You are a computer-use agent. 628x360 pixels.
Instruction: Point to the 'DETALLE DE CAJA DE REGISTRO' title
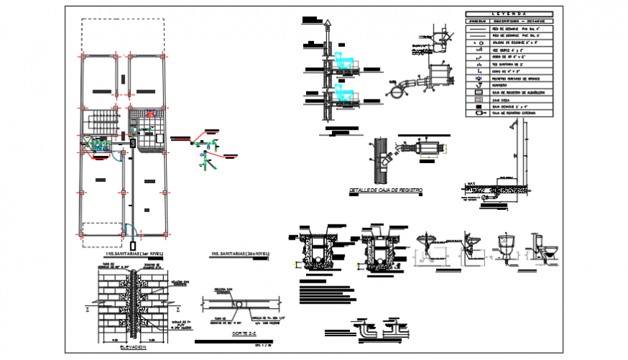coord(385,190)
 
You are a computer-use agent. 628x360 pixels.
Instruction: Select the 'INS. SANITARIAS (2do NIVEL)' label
coord(237,254)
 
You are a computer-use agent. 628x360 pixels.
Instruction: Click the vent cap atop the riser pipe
coord(327,24)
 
